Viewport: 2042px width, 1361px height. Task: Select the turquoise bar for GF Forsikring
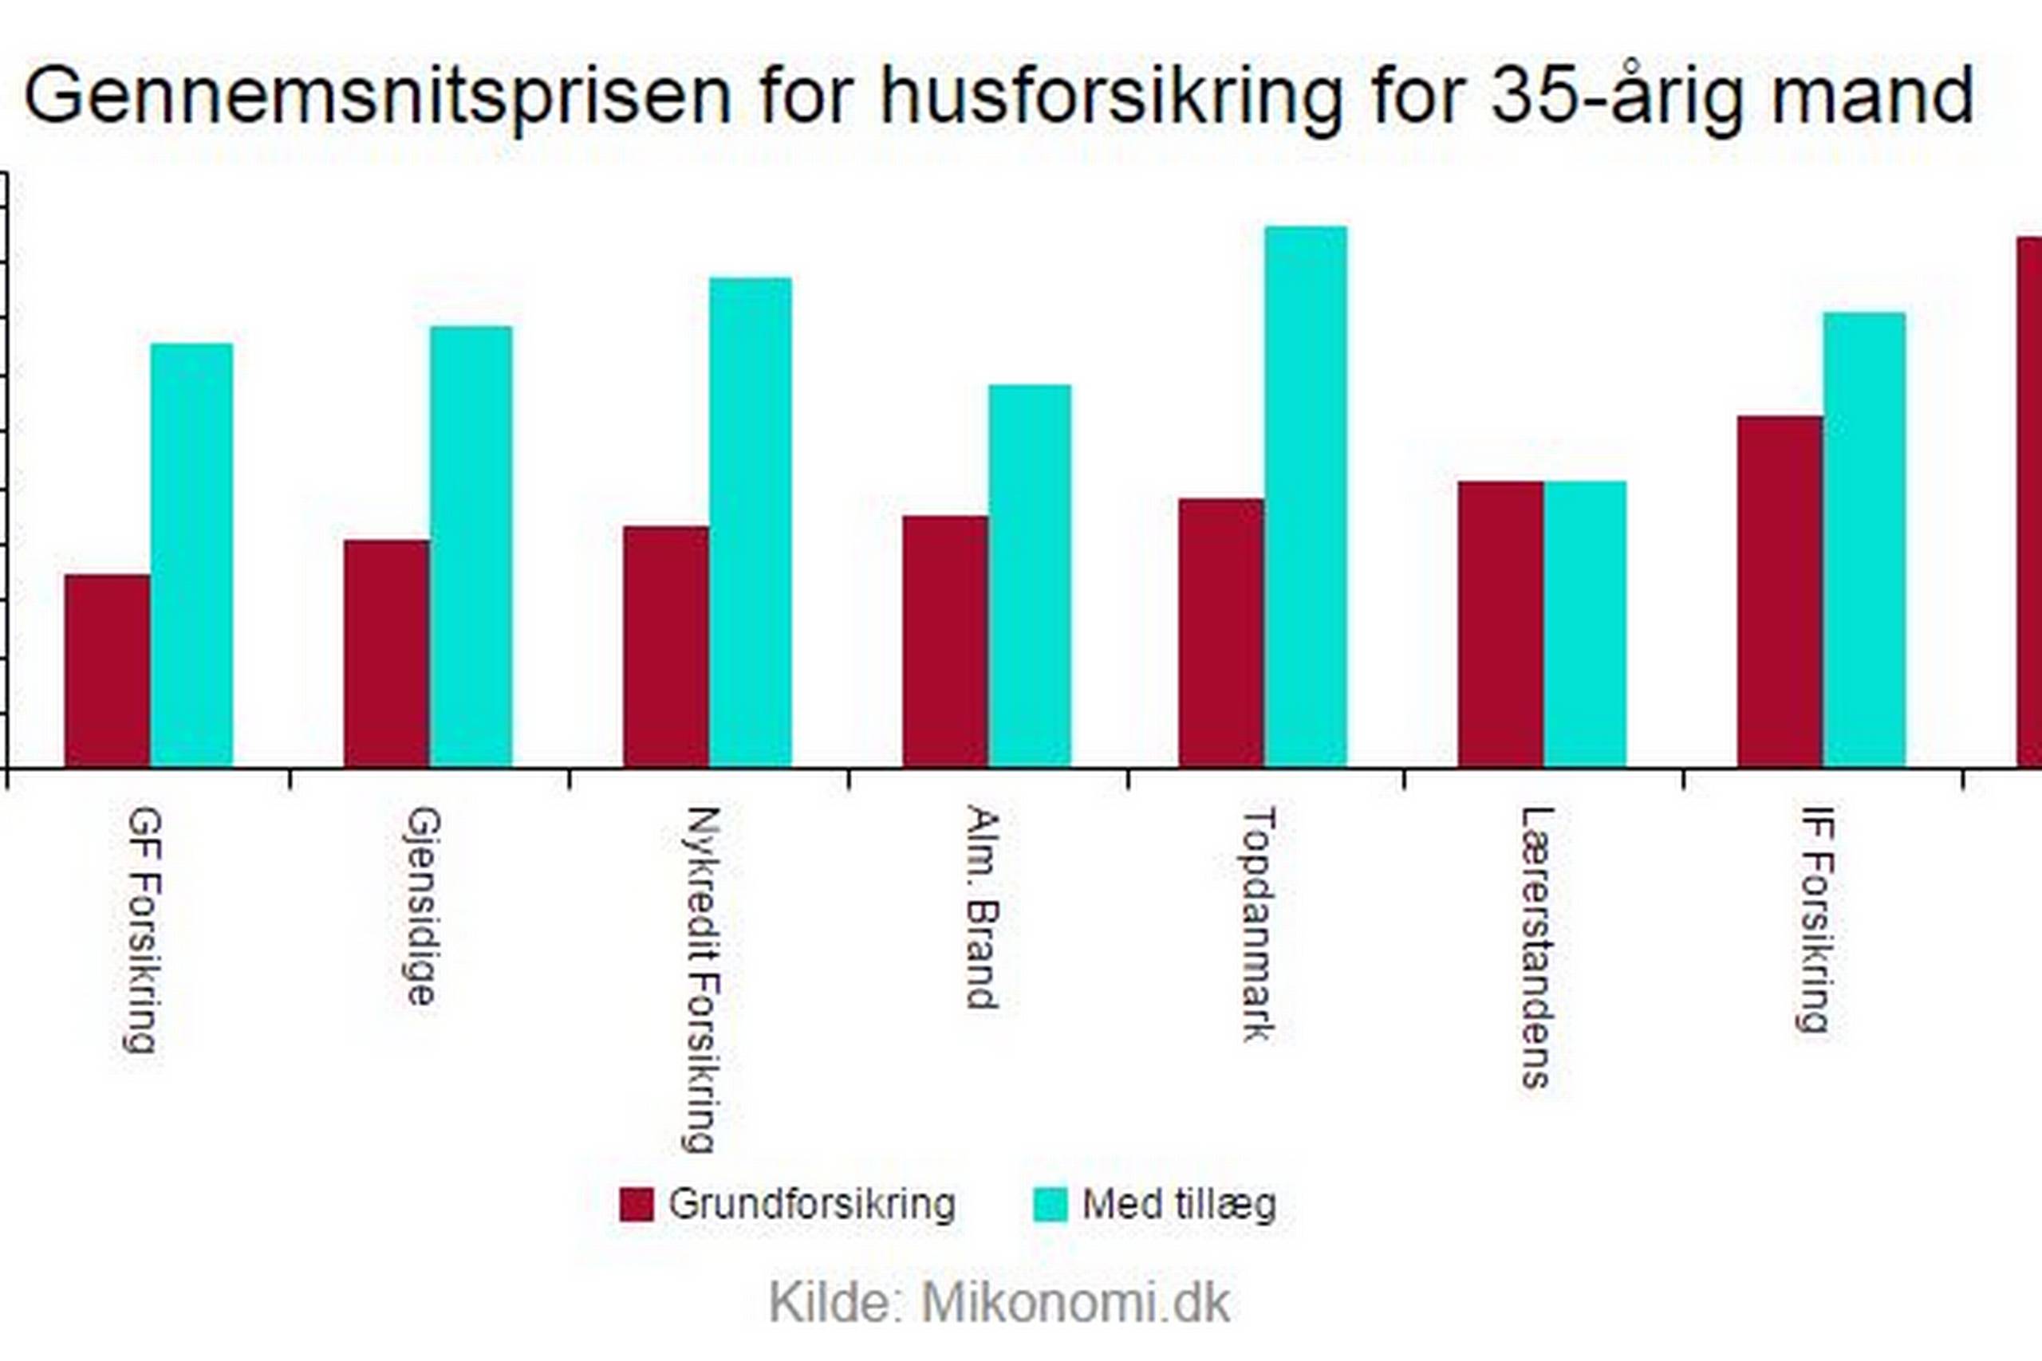[192, 556]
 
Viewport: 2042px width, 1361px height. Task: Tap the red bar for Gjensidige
[387, 653]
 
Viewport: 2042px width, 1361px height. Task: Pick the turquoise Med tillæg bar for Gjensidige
[471, 547]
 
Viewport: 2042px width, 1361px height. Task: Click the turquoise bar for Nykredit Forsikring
[751, 522]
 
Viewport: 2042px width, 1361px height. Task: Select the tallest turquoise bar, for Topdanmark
[1307, 497]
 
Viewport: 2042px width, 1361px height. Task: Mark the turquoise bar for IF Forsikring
[1865, 540]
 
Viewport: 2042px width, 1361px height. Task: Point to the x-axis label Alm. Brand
[982, 907]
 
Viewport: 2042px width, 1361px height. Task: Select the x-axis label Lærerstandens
[1537, 947]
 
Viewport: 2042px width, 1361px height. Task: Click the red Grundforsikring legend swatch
[636, 1205]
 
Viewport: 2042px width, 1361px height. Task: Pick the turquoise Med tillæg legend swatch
[1051, 1205]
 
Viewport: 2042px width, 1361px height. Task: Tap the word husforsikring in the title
[1111, 96]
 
